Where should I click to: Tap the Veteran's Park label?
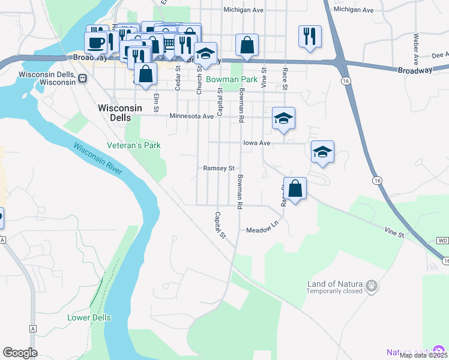tap(134, 145)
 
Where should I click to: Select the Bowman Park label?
tap(232, 79)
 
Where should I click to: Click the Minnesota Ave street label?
tap(191, 116)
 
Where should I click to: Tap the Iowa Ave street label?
tap(257, 143)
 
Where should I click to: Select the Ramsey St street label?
tap(218, 169)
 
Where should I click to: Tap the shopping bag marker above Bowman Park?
tap(247, 44)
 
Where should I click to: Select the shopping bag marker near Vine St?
tap(295, 188)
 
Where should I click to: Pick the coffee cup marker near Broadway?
tap(97, 42)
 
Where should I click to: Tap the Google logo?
tap(20, 353)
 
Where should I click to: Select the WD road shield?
tap(442, 241)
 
